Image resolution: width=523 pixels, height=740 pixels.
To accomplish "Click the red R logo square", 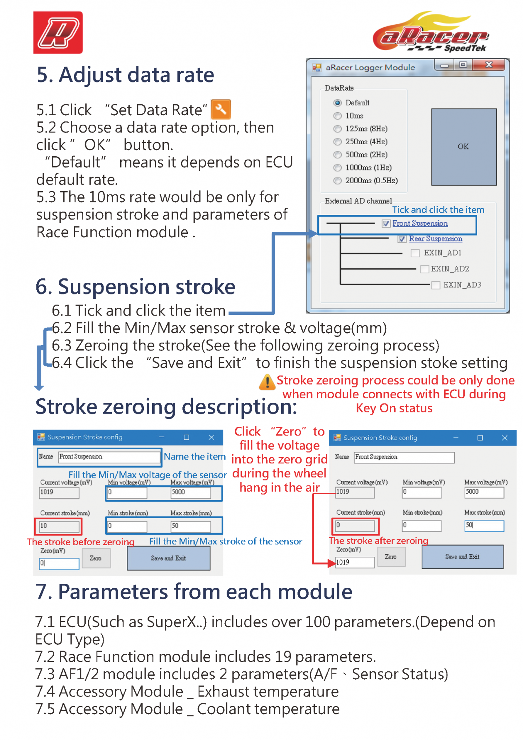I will (58, 33).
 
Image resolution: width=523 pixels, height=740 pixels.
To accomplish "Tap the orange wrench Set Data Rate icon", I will (221, 109).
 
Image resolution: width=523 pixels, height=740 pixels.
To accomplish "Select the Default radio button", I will (337, 103).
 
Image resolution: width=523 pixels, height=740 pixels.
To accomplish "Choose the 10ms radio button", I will (337, 116).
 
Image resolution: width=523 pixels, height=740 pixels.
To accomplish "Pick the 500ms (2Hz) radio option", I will (337, 155).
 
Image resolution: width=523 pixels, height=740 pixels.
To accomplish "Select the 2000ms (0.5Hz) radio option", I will (337, 181).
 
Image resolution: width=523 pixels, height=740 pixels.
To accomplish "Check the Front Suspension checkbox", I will (386, 224).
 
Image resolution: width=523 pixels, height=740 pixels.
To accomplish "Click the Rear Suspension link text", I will (435, 239).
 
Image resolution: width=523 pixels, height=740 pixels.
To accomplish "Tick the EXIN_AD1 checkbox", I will (415, 253).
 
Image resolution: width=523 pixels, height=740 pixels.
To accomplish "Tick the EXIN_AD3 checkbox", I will (436, 285).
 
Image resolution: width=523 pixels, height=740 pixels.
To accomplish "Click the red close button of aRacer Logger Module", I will (489, 65).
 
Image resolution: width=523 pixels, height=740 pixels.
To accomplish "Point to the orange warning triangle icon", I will (267, 382).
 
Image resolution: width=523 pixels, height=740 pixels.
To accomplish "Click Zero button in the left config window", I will (96, 558).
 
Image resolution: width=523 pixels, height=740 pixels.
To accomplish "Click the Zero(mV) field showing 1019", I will (354, 562).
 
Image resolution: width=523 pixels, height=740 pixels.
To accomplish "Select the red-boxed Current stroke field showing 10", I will (59, 526).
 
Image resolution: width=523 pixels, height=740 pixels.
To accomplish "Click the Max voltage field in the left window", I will (191, 492).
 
